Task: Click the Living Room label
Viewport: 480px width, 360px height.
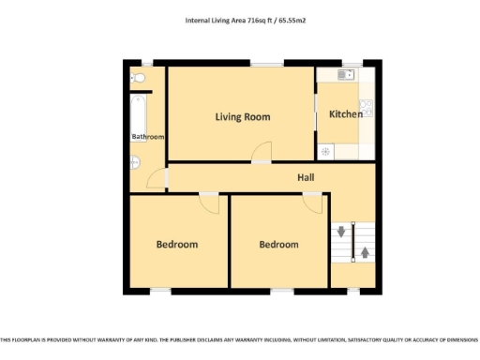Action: click(x=242, y=117)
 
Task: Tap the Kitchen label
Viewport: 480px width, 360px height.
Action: click(x=345, y=114)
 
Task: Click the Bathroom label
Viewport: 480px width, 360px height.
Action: click(x=147, y=137)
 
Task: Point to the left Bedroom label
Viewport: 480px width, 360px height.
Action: click(x=176, y=245)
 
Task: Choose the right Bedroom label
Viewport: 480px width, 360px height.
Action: click(x=278, y=245)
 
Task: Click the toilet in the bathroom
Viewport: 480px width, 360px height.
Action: click(x=137, y=78)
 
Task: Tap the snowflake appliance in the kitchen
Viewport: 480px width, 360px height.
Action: click(x=326, y=150)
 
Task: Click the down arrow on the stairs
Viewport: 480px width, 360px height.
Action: click(x=341, y=232)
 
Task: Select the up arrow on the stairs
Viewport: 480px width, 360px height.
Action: click(x=364, y=252)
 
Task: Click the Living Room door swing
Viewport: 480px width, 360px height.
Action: click(x=263, y=151)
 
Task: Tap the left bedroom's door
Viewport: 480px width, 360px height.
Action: click(x=208, y=202)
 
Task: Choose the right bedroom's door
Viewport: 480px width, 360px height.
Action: click(x=312, y=202)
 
